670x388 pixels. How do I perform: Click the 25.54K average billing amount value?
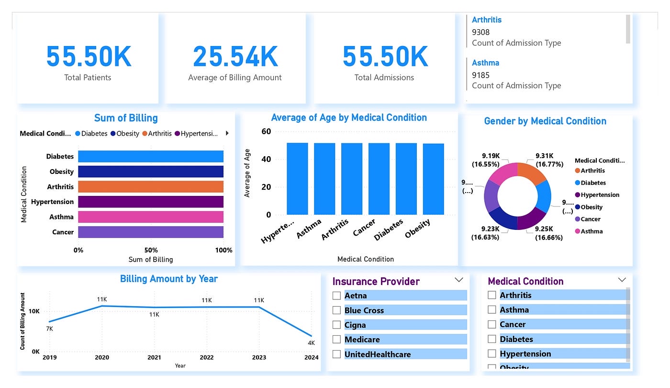(x=235, y=57)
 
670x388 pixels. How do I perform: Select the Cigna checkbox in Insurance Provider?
(x=337, y=325)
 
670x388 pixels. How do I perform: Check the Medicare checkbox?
(x=337, y=340)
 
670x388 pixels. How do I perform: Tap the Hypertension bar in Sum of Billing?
(x=151, y=202)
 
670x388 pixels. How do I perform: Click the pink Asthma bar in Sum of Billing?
(x=151, y=217)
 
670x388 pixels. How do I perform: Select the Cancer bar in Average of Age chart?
(x=379, y=179)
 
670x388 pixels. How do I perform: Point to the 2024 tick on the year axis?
(x=311, y=357)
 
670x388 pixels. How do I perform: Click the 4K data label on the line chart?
(x=311, y=343)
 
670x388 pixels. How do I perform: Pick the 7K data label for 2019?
(x=49, y=329)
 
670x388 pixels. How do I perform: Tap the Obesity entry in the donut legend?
(x=592, y=207)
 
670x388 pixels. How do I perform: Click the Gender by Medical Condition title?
(x=545, y=121)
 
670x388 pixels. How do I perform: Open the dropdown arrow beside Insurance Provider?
(x=458, y=280)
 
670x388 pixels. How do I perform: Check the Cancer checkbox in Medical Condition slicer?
(x=492, y=324)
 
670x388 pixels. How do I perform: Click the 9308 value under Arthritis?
(x=481, y=32)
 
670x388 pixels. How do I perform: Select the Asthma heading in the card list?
(x=485, y=63)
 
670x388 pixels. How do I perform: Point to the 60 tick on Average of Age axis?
(x=266, y=132)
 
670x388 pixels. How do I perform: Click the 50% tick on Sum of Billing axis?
(x=151, y=250)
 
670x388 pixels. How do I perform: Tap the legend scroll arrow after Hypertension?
(x=227, y=134)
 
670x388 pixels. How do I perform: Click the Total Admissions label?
(x=384, y=78)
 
